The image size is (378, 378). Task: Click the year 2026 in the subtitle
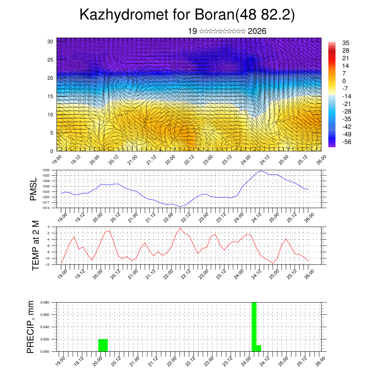point(257,31)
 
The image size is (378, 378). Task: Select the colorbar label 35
point(346,43)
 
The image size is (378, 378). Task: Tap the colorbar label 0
point(344,81)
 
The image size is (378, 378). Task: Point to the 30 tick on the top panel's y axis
point(50,41)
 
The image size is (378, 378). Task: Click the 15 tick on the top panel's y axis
point(50,96)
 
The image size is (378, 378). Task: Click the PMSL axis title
point(33,189)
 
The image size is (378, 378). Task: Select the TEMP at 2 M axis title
point(35,245)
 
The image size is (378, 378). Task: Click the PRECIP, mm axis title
point(31,327)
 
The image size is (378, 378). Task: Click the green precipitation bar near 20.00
point(103,345)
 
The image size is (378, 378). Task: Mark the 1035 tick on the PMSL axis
point(46,170)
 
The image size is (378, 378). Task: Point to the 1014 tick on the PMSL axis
point(46,208)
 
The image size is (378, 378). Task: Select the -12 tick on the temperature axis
point(48,264)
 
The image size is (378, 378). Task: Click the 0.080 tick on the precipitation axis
point(45,302)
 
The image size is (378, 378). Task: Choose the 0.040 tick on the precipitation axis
point(45,327)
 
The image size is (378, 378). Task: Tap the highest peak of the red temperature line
point(180,228)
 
